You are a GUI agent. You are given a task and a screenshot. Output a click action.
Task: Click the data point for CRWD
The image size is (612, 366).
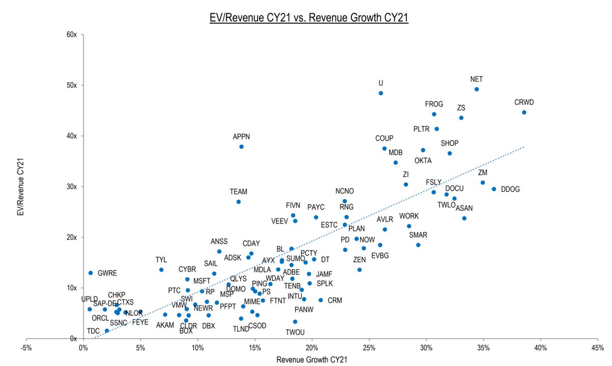coord(524,112)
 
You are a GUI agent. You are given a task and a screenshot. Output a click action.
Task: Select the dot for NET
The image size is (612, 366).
coord(476,89)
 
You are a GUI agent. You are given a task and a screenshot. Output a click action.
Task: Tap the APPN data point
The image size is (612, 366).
coord(241,147)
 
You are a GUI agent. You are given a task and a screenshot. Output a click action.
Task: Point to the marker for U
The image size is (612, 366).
coord(380,93)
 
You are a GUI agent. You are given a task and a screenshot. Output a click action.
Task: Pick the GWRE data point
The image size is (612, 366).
coord(91,273)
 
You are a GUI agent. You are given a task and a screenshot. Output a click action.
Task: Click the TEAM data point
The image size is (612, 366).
coord(238,202)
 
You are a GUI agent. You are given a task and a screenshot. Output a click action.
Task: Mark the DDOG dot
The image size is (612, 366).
coord(494,189)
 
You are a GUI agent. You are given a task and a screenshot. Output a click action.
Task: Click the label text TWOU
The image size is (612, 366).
coord(295,332)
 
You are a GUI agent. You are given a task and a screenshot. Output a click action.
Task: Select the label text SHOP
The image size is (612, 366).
coord(449,143)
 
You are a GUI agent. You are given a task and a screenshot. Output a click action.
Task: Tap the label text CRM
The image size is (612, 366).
coord(335,301)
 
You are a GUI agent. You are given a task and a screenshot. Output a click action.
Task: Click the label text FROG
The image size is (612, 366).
coord(434,104)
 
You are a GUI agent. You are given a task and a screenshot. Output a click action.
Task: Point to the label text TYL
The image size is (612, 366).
coord(161,260)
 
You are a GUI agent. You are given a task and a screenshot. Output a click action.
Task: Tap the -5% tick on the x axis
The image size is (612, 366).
coord(26,348)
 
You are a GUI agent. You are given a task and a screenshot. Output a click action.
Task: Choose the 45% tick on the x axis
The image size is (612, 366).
coord(598,348)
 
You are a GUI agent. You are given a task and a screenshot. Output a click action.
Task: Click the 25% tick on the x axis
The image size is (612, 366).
coord(369,348)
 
